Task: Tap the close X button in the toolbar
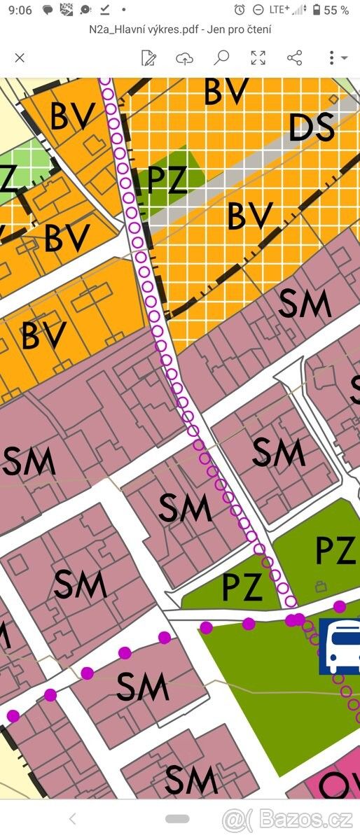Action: click(x=20, y=58)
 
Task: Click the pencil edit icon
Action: click(x=148, y=58)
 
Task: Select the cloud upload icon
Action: click(x=184, y=58)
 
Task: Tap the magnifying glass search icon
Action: click(x=221, y=57)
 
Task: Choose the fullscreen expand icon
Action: click(x=258, y=58)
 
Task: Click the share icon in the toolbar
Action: click(x=294, y=58)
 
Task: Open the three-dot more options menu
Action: click(x=332, y=58)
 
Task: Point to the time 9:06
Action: click(x=21, y=10)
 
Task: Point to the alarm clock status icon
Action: click(x=240, y=10)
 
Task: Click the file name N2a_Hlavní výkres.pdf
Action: click(x=141, y=29)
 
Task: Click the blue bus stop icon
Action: click(x=340, y=646)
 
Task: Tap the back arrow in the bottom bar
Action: click(x=72, y=818)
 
